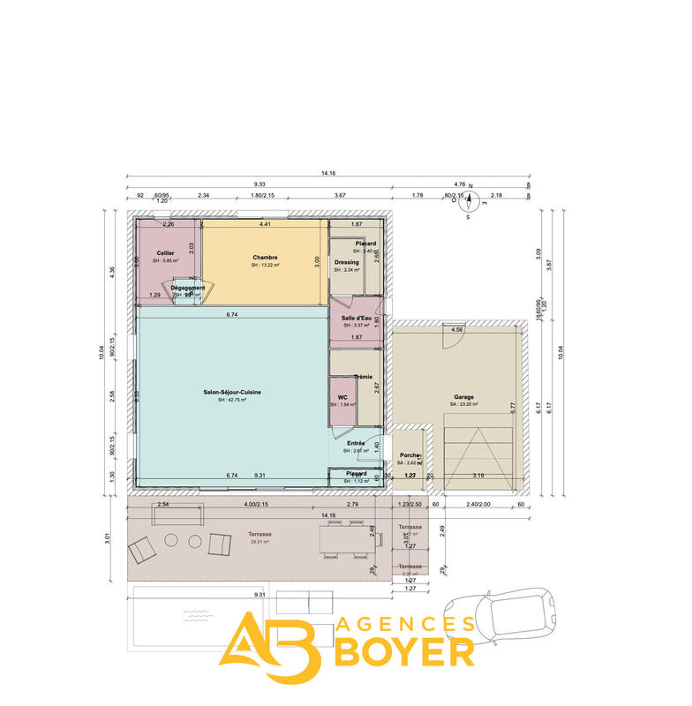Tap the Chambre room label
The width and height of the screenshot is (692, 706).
265,258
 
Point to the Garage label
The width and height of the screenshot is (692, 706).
464,397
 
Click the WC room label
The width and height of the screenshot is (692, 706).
342,398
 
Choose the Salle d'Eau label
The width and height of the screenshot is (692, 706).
356,318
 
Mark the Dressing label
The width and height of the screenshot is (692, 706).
346,262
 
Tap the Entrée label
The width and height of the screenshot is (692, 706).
357,444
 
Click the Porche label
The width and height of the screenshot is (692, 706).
410,455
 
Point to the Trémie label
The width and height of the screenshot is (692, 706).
363,377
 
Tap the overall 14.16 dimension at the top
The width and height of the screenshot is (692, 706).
328,174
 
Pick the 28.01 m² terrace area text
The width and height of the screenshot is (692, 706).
260,542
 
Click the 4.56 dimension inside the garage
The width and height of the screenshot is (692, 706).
457,329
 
